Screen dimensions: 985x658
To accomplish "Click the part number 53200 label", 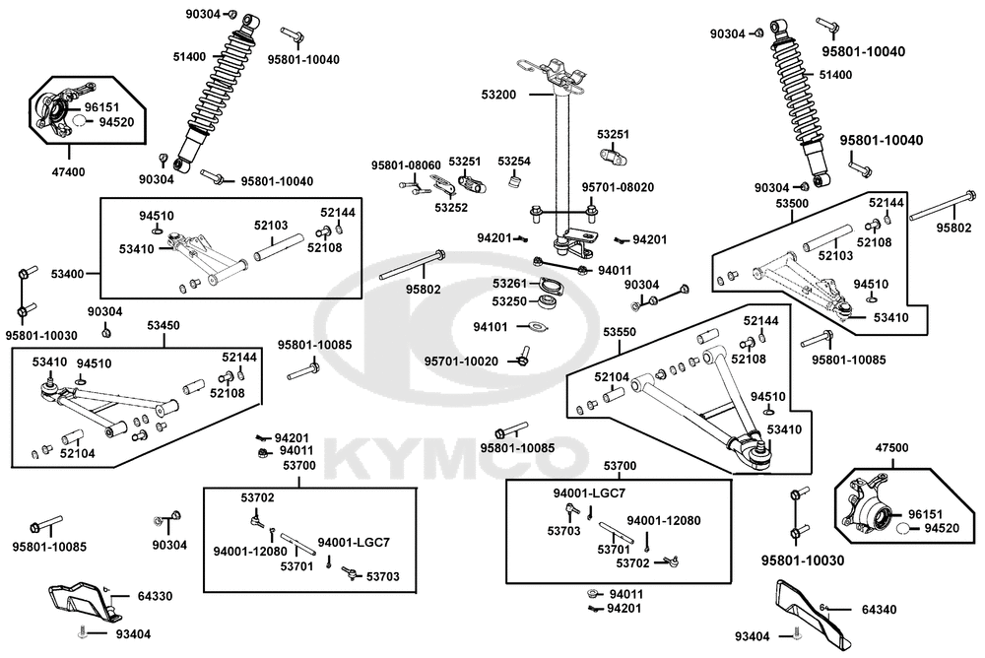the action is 498,95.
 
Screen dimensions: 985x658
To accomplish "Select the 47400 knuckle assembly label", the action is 68,171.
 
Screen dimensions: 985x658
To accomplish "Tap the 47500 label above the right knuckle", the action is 892,448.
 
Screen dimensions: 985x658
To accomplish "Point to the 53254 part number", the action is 514,162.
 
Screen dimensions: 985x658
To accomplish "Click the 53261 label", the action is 509,284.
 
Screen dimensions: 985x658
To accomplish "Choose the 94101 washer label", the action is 490,327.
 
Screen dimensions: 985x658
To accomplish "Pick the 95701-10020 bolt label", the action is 461,362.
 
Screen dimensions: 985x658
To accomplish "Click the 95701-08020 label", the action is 618,187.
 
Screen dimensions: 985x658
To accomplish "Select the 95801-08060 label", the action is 406,165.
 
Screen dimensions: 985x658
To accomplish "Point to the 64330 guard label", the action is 155,596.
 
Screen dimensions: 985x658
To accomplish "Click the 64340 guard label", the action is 879,610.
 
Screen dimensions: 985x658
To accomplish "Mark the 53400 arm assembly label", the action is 68,274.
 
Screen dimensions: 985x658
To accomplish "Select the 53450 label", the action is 164,325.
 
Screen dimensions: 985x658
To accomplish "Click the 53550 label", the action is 620,332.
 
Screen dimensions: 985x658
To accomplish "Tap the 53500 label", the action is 792,204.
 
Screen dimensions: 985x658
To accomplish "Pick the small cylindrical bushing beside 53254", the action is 515,181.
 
